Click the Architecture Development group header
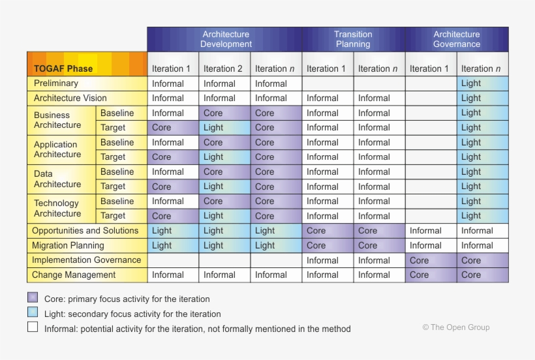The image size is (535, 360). coord(225,39)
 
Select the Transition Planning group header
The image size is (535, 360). coord(353,39)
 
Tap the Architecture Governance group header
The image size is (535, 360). coord(456,39)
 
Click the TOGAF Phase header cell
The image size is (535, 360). coord(63,68)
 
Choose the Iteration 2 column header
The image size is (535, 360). coord(222,68)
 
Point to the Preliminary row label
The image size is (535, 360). coord(56,83)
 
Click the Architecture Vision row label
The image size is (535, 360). coord(70,98)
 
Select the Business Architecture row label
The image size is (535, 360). coord(57,120)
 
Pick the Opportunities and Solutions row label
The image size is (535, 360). coord(85,231)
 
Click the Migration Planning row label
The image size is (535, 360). coord(69,246)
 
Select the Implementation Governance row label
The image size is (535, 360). coord(87,260)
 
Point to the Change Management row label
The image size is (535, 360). coord(74,275)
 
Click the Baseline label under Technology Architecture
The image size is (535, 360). coord(117,202)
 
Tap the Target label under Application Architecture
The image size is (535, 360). coord(113,157)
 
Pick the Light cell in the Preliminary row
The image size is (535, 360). coord(471,83)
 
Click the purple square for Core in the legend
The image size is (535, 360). coord(33,297)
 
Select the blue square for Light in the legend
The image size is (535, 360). coord(33,312)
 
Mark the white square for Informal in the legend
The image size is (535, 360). coord(33,327)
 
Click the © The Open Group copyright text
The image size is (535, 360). coord(455,327)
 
